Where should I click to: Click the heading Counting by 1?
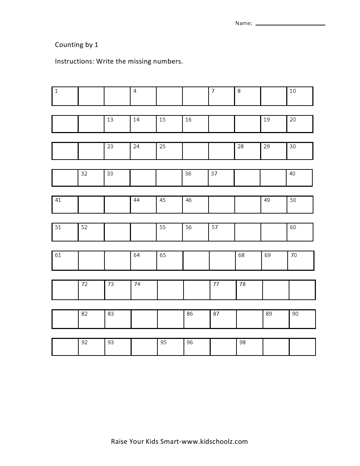point(77,44)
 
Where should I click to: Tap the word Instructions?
point(74,61)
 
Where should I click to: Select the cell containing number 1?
point(65,96)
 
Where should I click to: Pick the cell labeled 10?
point(300,96)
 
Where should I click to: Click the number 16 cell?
point(195,124)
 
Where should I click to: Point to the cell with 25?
point(169,151)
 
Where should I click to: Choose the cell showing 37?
point(221,178)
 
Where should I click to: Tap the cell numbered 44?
point(143,205)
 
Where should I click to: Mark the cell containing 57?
point(222,232)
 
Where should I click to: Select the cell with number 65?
point(170,260)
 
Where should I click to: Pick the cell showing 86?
point(197,319)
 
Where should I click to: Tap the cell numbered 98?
point(250,347)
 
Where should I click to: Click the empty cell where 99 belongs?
point(276,347)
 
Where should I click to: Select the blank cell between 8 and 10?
point(274,96)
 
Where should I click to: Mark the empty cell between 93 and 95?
point(144,347)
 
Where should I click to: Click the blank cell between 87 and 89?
point(250,319)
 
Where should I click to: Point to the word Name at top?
point(243,23)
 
